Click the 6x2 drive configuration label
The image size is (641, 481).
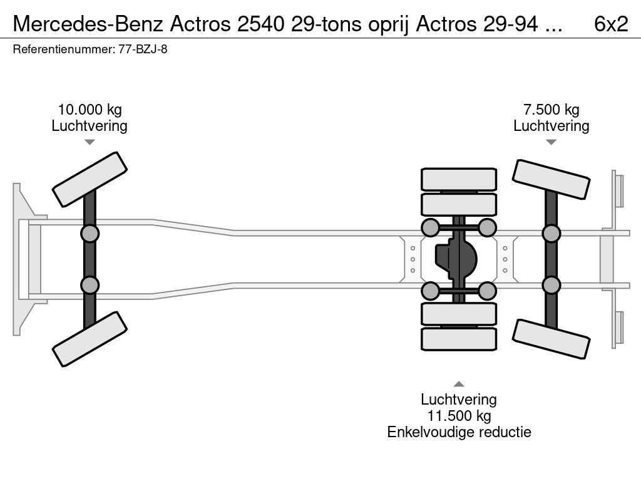[610, 24]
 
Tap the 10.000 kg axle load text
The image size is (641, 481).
[89, 110]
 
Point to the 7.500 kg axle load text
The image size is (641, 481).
[551, 110]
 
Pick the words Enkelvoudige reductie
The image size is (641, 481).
[459, 432]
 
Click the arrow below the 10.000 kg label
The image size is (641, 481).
[90, 142]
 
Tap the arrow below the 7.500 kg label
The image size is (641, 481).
[551, 142]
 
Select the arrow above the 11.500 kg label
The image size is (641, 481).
[459, 384]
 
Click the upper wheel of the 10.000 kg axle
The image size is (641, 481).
[90, 179]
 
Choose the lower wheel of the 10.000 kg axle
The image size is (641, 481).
[90, 339]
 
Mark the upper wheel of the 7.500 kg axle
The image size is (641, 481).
[551, 180]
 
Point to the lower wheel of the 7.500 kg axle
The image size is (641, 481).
[551, 339]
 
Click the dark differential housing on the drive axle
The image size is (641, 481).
[456, 259]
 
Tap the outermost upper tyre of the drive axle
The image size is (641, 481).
[458, 180]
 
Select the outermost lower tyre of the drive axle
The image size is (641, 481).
[458, 339]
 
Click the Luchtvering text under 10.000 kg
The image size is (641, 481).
[89, 126]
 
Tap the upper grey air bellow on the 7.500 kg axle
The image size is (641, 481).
[551, 234]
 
